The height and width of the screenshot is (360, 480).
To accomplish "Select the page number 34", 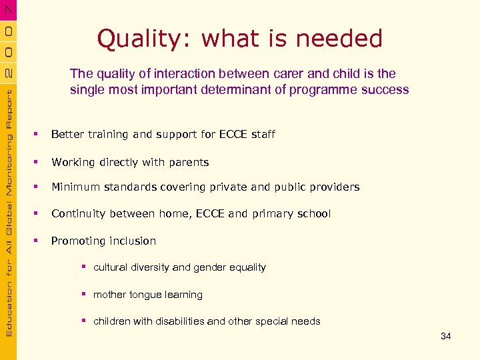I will pyautogui.click(x=446, y=337).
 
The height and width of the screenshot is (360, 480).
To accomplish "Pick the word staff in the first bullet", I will pyautogui.click(x=263, y=134).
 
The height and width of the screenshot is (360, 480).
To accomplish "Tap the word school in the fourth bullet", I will pyautogui.click(x=313, y=213).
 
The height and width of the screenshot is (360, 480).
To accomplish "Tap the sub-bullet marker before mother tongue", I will pyautogui.click(x=85, y=294).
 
